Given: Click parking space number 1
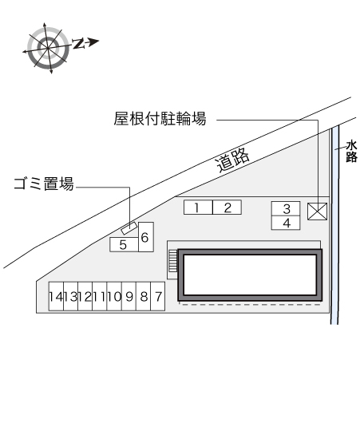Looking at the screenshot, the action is [x=198, y=208].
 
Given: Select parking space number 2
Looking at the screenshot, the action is [x=227, y=208].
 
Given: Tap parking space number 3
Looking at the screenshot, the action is [x=286, y=208].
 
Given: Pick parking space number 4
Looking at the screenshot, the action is [x=286, y=223].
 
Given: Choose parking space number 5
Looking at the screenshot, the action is [x=124, y=245].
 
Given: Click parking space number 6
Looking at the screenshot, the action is [x=146, y=237].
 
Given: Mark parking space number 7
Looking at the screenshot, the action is [x=157, y=296].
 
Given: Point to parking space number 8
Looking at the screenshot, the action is [x=144, y=296].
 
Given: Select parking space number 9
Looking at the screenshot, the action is [x=129, y=296].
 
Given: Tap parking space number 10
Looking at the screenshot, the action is [x=114, y=296].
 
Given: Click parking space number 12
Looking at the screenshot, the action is [x=85, y=296].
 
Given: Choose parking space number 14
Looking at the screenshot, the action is [x=56, y=296].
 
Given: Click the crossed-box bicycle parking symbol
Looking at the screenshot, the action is [x=317, y=211].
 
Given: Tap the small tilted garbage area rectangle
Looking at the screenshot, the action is [x=129, y=228].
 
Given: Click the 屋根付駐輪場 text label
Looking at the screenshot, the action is [x=160, y=118].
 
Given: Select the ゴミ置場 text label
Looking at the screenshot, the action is [x=44, y=184].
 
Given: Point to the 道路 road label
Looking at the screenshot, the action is [x=232, y=160].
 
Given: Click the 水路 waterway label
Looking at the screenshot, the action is [x=352, y=151].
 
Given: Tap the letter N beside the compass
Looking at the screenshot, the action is [x=78, y=43].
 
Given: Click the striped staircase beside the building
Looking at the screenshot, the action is [x=172, y=261].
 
